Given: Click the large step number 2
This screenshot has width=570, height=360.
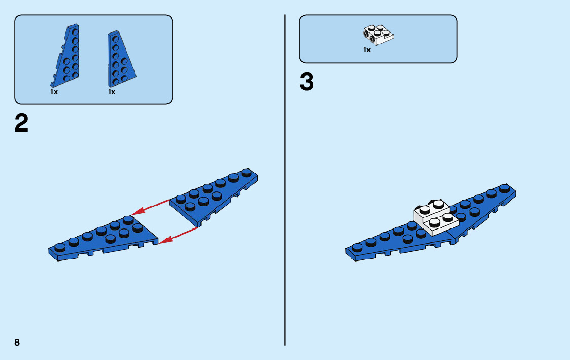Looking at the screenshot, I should pos(22,123).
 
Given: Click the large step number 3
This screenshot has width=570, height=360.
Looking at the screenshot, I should pos(307,82).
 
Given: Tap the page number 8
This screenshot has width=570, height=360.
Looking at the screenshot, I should pos(17,342).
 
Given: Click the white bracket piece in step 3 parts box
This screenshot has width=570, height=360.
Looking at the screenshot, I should pos(379,33).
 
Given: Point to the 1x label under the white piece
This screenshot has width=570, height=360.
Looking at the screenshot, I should pos(366,50).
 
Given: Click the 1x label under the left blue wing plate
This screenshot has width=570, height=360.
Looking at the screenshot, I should pos(54,92).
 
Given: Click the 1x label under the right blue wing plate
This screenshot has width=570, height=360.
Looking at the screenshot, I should pos(112,92).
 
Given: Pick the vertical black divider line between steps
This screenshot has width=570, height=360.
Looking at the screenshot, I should pos(285,178).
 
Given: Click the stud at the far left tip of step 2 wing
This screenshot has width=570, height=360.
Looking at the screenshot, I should pos(60,247).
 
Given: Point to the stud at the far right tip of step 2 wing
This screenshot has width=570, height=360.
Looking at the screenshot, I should pos(247,172).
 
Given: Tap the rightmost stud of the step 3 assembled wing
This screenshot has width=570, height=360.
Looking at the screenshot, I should pos(505,188).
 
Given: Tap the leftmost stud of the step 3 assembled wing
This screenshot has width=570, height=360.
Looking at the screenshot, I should pos(357,247).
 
